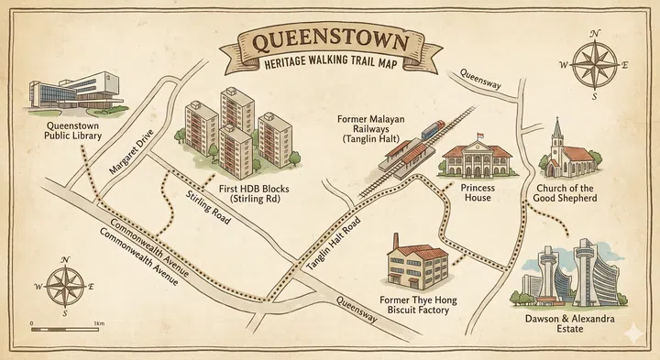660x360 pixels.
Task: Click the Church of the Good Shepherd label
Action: (566, 193)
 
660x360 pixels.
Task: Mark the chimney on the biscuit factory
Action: (396, 241)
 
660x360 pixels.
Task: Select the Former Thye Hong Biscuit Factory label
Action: (418, 304)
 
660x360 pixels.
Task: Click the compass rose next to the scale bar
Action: (65, 285)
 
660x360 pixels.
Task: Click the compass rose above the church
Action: (595, 65)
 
